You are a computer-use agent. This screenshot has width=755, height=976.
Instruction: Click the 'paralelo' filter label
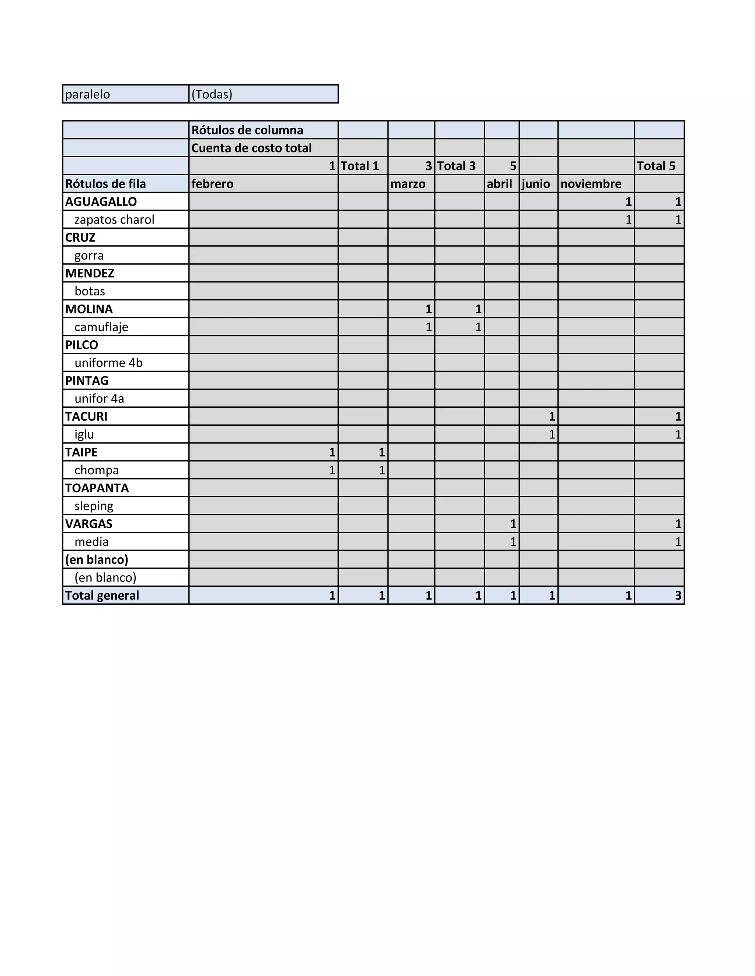coord(88,94)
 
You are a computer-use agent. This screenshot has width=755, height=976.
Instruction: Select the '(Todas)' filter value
coord(212,94)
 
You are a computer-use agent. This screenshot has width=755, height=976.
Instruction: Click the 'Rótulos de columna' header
coord(247,130)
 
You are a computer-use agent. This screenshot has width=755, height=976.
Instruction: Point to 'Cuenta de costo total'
coord(251,148)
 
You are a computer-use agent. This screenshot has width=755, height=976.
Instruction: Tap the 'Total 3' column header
coord(456,166)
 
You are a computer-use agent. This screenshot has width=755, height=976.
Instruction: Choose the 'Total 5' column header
coord(656,166)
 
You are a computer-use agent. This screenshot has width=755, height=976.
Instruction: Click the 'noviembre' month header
coord(591,184)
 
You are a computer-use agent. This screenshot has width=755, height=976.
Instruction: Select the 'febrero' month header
coord(212,184)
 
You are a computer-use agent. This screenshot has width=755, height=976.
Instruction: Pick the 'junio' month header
coord(536,184)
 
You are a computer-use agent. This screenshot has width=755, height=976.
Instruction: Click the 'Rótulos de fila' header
coord(105,184)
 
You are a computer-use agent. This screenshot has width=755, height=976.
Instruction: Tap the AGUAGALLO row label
coord(101,201)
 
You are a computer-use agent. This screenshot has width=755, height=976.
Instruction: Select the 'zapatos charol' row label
coord(115,220)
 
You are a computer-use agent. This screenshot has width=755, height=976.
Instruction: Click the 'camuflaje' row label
coord(101,327)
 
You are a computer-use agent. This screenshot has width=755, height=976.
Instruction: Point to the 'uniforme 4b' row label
coord(109,363)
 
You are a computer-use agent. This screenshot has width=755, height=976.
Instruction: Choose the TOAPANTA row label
coord(97,488)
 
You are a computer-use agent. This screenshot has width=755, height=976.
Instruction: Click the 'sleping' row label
coord(94,506)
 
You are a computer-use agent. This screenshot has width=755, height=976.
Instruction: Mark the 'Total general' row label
coord(102,595)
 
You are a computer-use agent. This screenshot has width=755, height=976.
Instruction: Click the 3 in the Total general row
coord(678,595)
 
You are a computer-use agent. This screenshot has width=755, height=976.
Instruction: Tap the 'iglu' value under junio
coord(552,434)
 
